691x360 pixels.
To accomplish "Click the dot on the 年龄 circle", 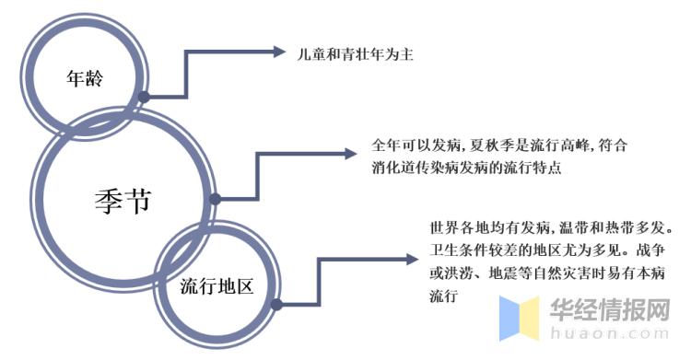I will coord(144,95).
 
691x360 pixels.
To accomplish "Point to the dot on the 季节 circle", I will coord(215,199).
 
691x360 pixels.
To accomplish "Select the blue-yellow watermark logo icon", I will coord(519,318).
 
